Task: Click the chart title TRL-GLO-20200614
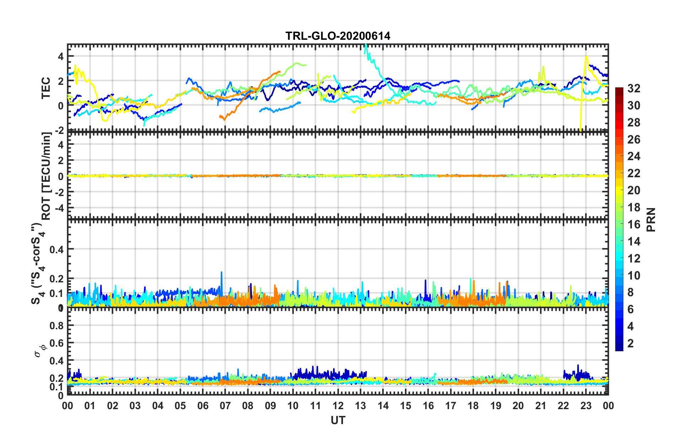[x=338, y=36]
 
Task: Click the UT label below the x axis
[x=338, y=421]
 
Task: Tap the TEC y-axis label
[x=46, y=88]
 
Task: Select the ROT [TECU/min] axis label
[x=47, y=176]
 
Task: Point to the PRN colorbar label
[x=651, y=220]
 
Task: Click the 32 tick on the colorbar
[x=634, y=88]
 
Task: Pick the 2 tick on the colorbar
[x=631, y=343]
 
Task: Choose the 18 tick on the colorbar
[x=634, y=207]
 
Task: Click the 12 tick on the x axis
[x=338, y=406]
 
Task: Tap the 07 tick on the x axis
[x=225, y=406]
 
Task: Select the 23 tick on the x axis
[x=586, y=406]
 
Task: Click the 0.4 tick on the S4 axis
[x=57, y=249]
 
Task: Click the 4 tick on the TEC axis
[x=61, y=56]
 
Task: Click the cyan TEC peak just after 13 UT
[x=365, y=45]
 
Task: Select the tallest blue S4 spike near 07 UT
[x=222, y=272]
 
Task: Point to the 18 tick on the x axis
[x=473, y=406]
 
